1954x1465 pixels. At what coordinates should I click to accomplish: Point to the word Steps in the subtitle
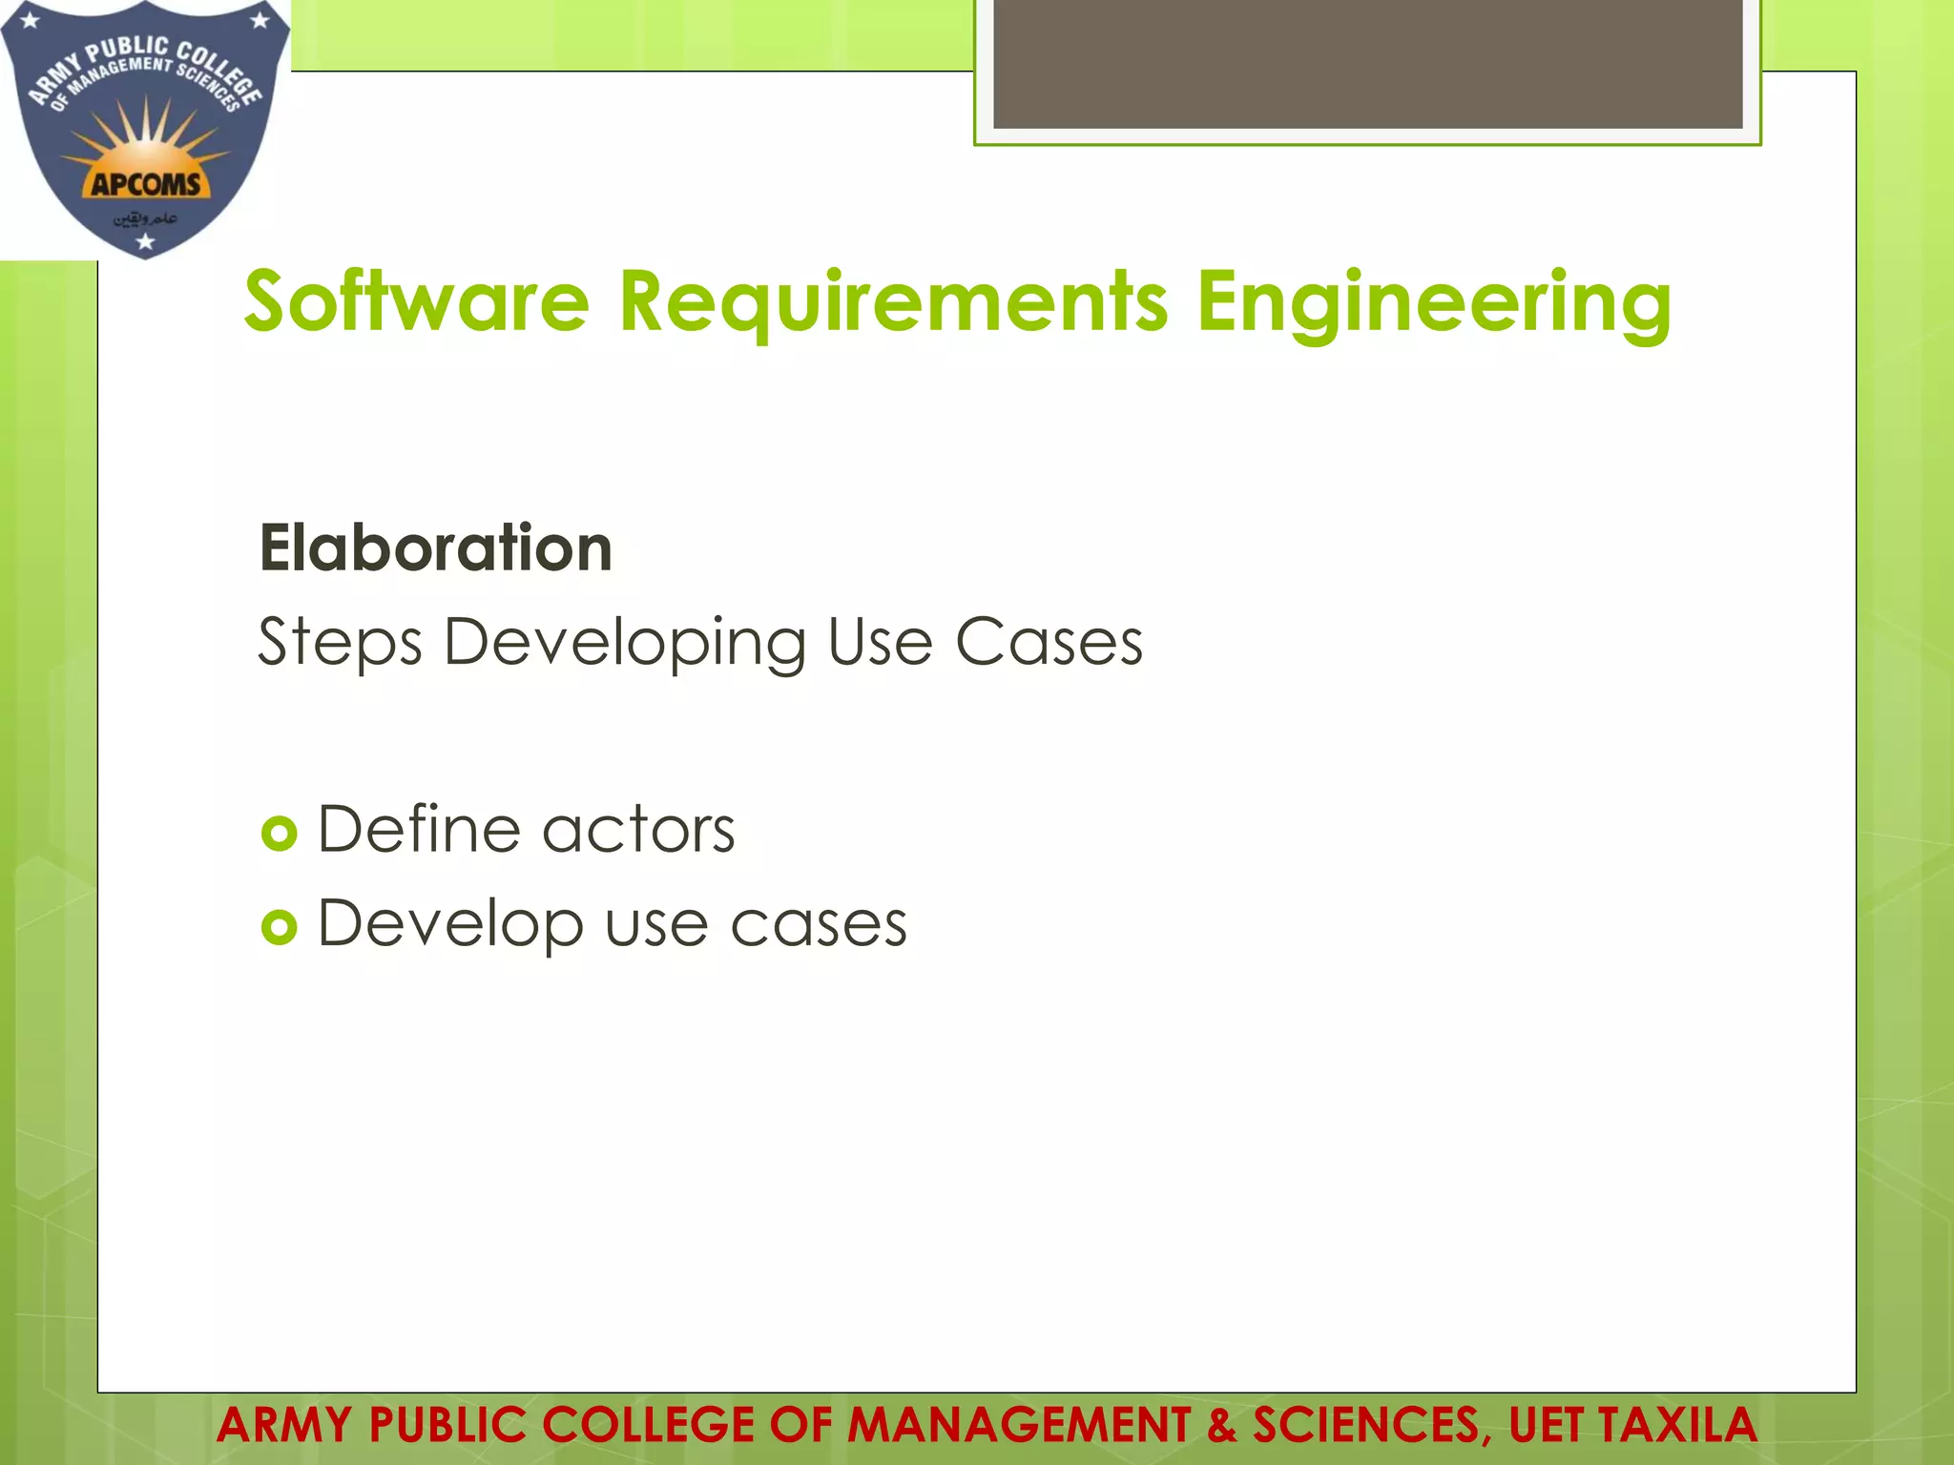(x=340, y=642)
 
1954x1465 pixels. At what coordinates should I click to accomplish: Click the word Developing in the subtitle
(x=625, y=642)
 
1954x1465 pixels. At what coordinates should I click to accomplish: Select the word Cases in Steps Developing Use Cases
(x=1049, y=642)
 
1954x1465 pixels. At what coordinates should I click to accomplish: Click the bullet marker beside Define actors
(x=279, y=834)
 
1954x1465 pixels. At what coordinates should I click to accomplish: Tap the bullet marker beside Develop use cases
(x=279, y=926)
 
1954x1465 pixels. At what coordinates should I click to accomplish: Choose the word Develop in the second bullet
(x=449, y=923)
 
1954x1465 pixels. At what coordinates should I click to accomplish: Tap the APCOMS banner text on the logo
(x=145, y=184)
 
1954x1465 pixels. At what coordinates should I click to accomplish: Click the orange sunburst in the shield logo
(x=145, y=143)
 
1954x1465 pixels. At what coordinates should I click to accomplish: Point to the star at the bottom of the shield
(x=145, y=242)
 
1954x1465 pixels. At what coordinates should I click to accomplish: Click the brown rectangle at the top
(x=1367, y=63)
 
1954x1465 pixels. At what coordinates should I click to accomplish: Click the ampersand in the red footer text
(x=1220, y=1425)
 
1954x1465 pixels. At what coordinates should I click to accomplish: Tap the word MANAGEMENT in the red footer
(x=1018, y=1425)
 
